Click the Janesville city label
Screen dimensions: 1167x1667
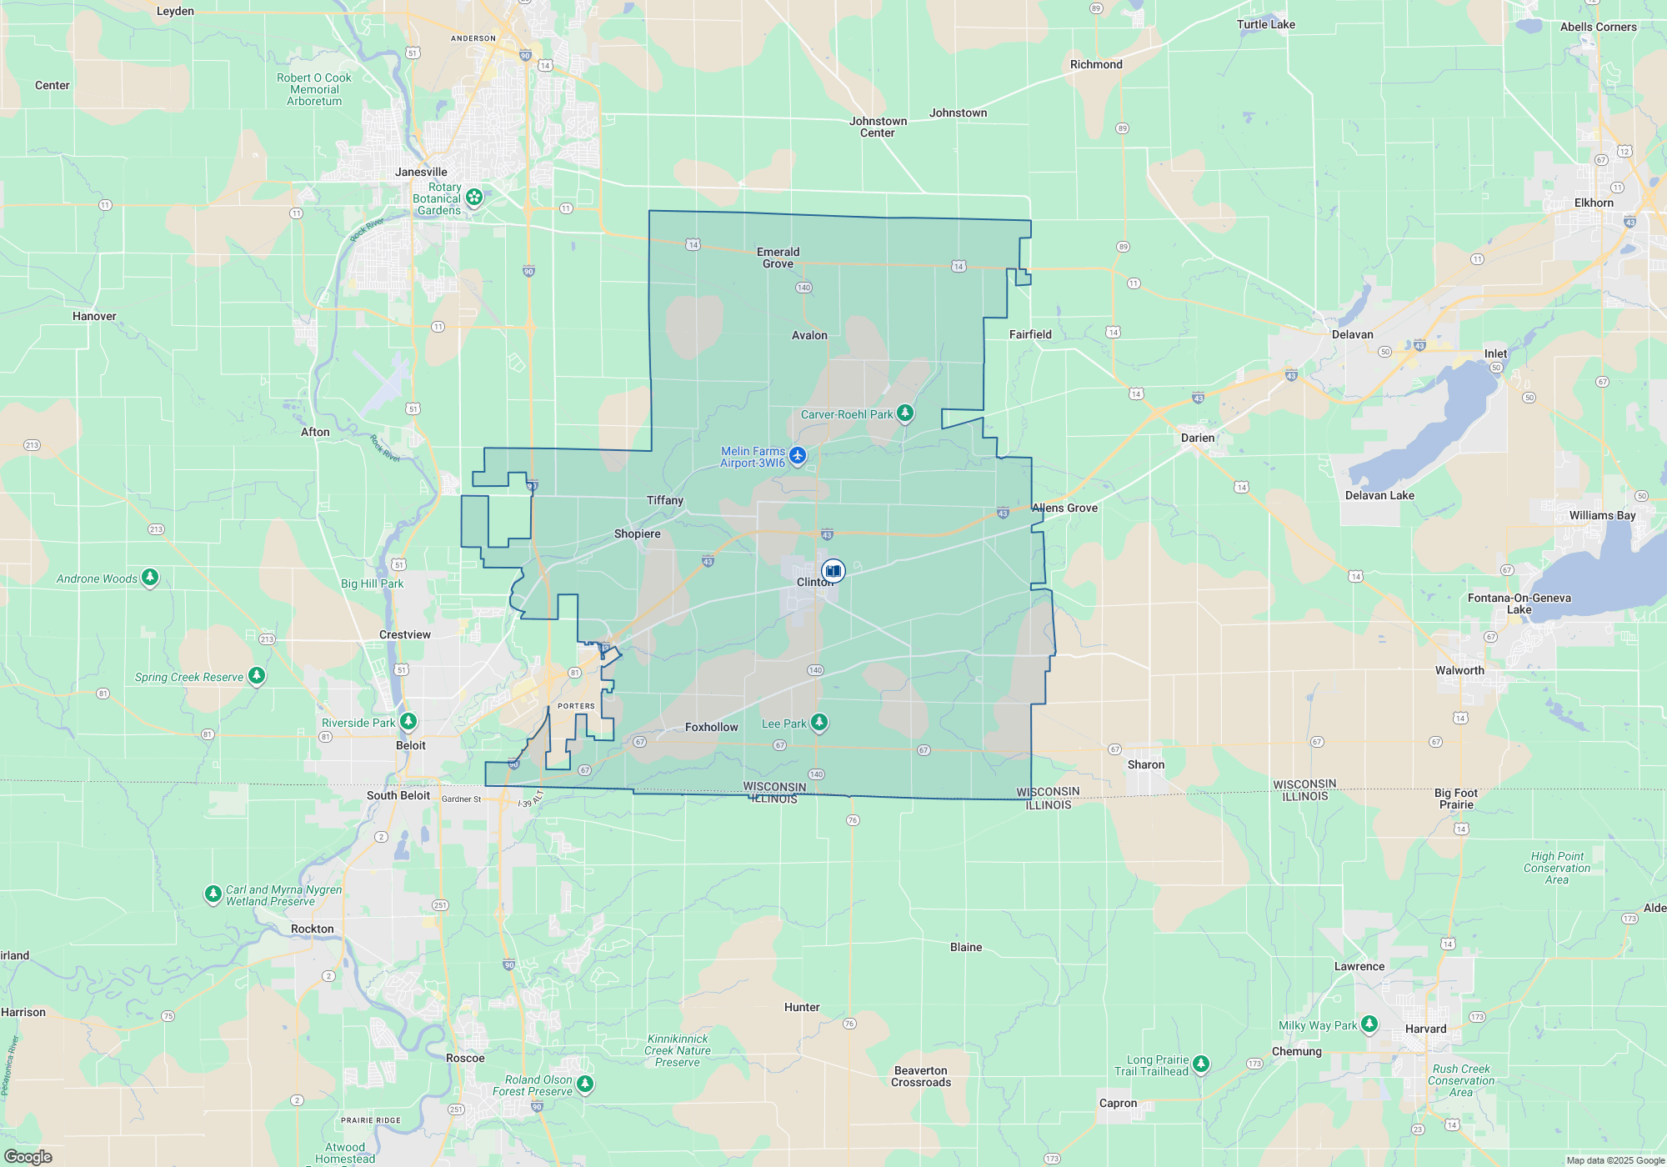point(421,172)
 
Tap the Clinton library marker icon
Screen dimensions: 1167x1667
point(833,571)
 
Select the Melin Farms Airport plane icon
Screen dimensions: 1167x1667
point(798,455)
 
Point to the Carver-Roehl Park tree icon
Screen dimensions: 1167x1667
point(904,413)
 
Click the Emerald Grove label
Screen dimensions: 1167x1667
point(778,258)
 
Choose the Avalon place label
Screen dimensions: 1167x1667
point(809,335)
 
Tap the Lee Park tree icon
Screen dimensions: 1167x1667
point(819,722)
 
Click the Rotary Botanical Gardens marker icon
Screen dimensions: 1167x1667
point(474,197)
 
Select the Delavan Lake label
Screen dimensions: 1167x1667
point(1379,495)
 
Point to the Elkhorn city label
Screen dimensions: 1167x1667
point(1594,203)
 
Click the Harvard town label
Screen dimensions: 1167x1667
point(1425,1029)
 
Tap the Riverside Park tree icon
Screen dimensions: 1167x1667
point(408,720)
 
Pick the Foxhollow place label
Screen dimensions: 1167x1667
point(711,727)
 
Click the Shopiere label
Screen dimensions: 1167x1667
point(637,533)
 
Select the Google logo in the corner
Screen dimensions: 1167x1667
point(28,1156)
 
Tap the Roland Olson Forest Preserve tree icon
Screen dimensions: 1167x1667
point(585,1083)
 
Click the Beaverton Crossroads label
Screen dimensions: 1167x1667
point(920,1076)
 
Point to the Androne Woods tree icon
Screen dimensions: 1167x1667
point(150,576)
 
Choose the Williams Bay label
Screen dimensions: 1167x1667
point(1602,515)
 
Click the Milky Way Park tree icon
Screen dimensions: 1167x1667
point(1369,1023)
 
